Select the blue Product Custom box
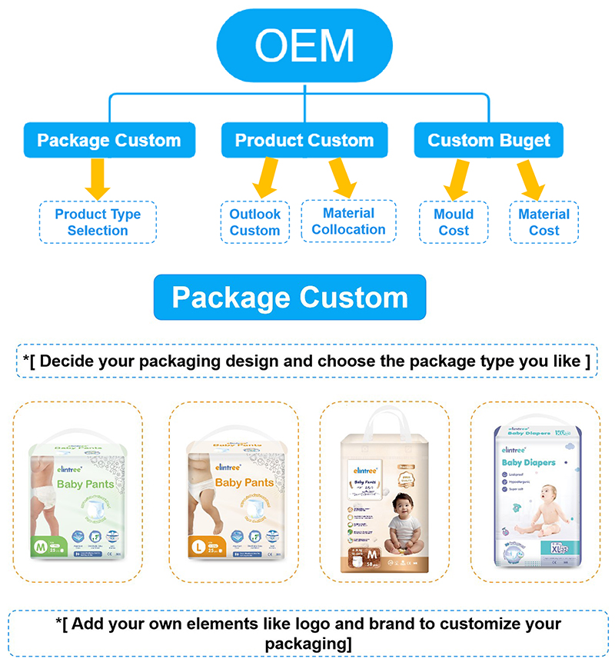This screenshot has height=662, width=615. pyautogui.click(x=304, y=141)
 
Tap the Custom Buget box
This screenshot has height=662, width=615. pyautogui.click(x=489, y=141)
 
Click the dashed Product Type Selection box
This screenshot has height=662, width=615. pyautogui.click(x=98, y=222)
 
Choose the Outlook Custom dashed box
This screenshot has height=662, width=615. pyautogui.click(x=255, y=222)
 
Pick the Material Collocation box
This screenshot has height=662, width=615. pyautogui.click(x=348, y=221)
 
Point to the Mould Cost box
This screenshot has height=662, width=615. pyautogui.click(x=454, y=222)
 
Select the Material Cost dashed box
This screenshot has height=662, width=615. pyautogui.click(x=544, y=222)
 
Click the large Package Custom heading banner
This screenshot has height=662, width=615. pyautogui.click(x=290, y=298)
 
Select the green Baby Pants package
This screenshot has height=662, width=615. pyautogui.click(x=78, y=500)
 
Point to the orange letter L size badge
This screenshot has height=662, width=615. pyautogui.click(x=197, y=547)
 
